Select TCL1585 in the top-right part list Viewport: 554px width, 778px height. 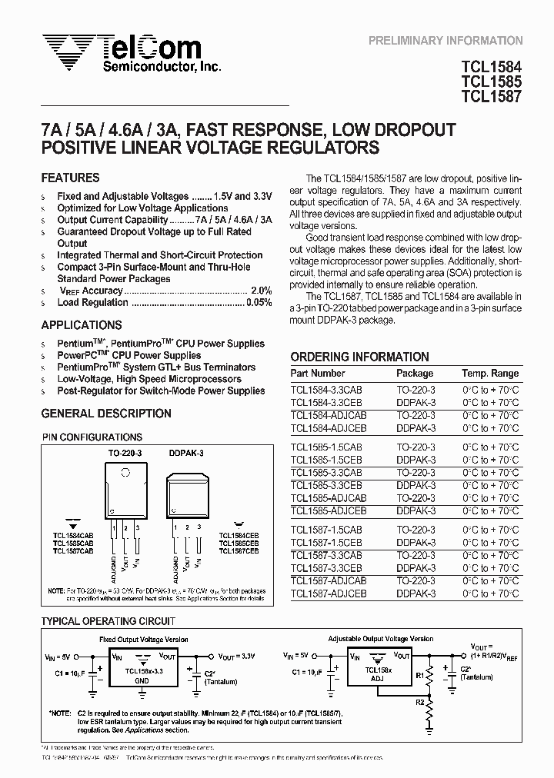492,81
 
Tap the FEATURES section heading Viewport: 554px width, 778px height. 70,178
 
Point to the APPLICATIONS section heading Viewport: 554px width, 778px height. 82,325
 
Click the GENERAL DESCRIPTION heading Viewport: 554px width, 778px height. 106,414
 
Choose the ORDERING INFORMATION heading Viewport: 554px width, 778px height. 359,357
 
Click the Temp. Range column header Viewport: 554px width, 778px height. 490,374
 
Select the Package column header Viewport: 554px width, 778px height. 415,374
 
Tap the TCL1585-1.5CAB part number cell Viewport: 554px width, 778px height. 326,447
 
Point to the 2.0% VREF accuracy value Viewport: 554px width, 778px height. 261,291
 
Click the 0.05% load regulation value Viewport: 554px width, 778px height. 258,303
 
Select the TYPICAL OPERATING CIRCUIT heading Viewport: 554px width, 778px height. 108,621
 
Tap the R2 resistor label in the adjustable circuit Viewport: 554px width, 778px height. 419,701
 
